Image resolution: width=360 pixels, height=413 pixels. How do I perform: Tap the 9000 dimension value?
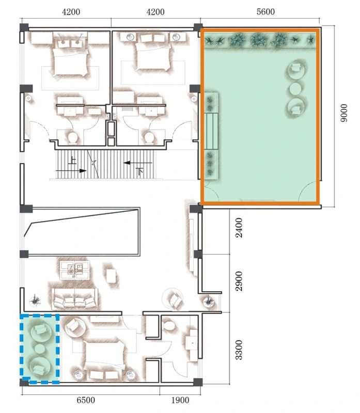coord(345,113)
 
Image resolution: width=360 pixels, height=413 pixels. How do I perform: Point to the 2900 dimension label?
coord(239,284)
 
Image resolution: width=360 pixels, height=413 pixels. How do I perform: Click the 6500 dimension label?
coord(85,400)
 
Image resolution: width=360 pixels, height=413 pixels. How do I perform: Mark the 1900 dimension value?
coord(178,400)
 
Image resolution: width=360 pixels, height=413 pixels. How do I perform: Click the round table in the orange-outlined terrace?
coord(296,89)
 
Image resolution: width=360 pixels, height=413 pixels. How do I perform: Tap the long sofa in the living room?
coord(74,299)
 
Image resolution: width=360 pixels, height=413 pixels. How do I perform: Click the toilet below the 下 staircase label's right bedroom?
coord(150,137)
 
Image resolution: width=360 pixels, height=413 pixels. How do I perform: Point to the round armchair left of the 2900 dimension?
coord(173,298)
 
